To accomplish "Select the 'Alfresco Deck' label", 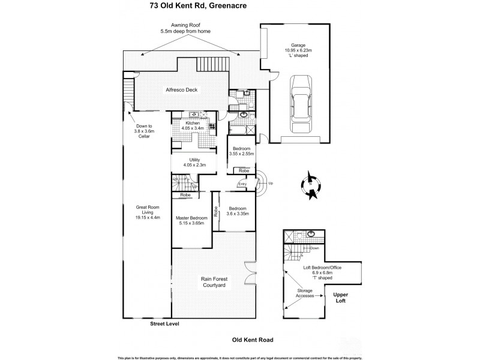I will pos(182,90).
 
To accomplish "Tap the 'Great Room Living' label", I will pos(145,212).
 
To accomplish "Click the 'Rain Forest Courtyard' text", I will pos(213,282).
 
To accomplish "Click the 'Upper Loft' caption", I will pos(342,298).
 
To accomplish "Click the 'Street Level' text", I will pos(165,324).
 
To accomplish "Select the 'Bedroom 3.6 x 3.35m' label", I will pos(238,211).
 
